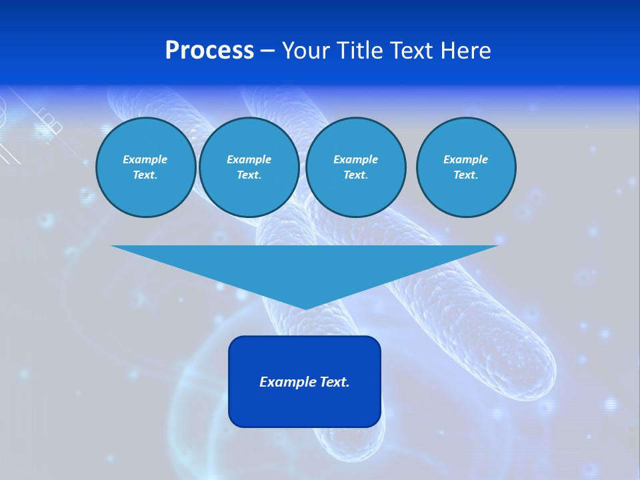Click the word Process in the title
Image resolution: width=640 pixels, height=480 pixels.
pos(209,51)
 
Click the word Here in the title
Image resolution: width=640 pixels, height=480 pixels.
pos(469,51)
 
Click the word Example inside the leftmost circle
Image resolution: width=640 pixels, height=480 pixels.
pos(145,159)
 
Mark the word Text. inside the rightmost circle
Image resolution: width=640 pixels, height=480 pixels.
pos(465,175)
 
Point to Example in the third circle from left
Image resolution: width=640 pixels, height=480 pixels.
pos(355,159)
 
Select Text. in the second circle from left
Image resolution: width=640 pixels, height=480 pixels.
pos(249,175)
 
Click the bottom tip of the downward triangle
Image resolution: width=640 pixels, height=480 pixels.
pos(305,307)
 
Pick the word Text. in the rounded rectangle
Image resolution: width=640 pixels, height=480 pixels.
pos(334,382)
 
